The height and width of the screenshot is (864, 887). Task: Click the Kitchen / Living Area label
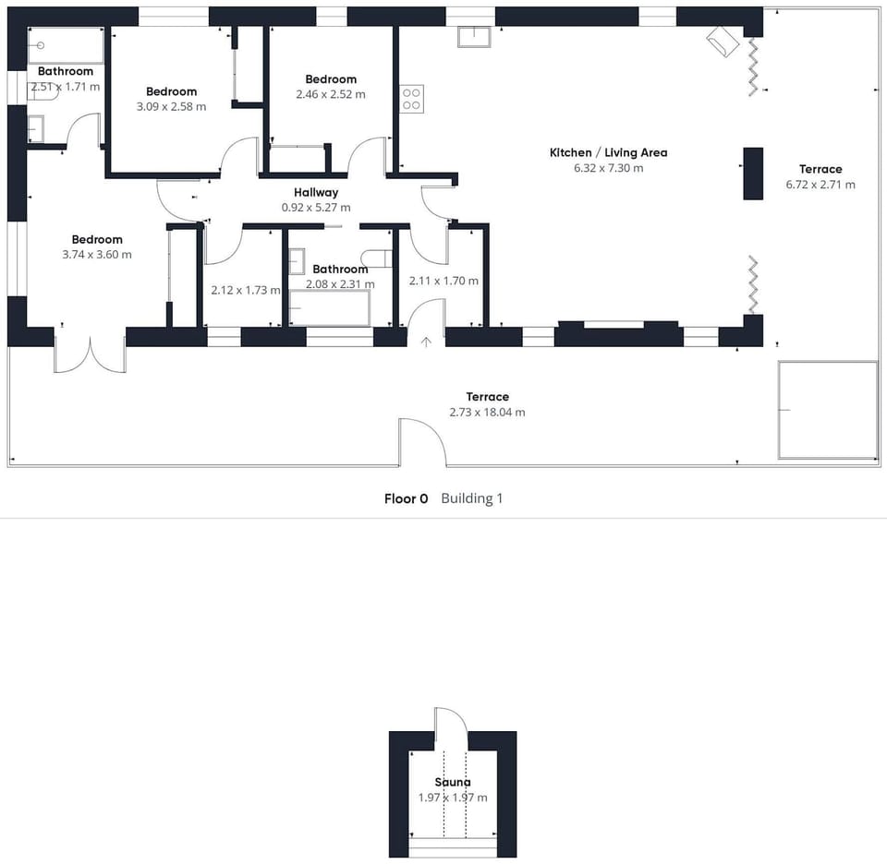click(x=608, y=152)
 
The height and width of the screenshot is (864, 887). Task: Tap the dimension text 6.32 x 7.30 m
click(x=608, y=168)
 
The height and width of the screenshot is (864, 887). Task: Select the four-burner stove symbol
click(x=411, y=99)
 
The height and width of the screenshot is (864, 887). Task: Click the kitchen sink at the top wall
click(x=476, y=36)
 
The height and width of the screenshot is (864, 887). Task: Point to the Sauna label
click(x=453, y=782)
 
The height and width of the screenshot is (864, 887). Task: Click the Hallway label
click(x=316, y=192)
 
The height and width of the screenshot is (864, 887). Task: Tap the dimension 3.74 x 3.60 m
click(x=97, y=255)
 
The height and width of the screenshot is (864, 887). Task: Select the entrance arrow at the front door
click(x=426, y=342)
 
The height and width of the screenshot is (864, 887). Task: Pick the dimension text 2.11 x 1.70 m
click(x=443, y=281)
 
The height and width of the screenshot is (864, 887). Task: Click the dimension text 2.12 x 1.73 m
click(x=245, y=290)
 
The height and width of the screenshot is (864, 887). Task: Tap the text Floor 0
click(x=407, y=498)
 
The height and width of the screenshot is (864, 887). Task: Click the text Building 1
click(x=472, y=498)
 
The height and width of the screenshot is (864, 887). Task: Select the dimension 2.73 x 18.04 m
click(x=487, y=413)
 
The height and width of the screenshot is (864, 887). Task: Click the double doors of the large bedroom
click(x=90, y=355)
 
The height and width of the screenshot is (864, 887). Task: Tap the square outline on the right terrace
click(x=827, y=410)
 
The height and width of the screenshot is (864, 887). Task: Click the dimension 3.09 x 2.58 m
click(x=171, y=107)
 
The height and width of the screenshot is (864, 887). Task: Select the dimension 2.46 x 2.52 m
click(x=331, y=94)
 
